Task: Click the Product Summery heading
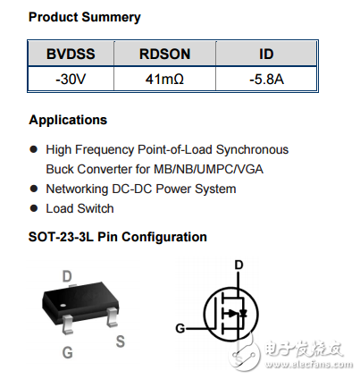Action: coord(84,17)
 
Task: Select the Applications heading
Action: coord(68,120)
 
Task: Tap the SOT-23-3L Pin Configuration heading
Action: coord(118,237)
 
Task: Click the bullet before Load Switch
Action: coord(34,208)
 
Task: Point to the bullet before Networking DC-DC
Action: coord(34,189)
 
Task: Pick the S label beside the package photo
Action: coord(120,340)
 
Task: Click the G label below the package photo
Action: coord(67,353)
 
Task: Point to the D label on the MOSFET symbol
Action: coord(238,265)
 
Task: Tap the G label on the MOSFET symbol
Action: coord(180,328)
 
